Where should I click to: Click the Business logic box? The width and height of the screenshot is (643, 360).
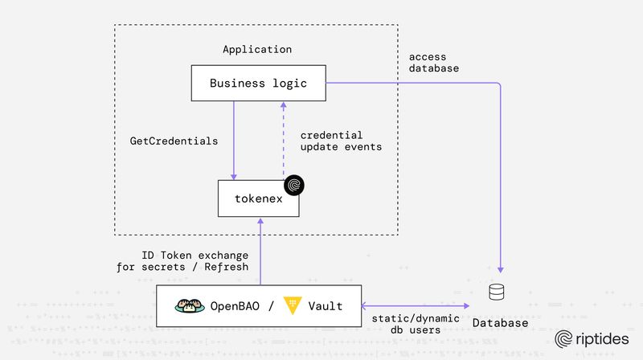pos(258,84)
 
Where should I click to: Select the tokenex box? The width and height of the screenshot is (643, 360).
pos(258,198)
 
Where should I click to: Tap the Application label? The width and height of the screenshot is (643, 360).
pos(257,50)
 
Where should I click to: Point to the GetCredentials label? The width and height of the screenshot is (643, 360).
pos(174,141)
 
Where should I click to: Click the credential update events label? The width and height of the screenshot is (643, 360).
pos(340,141)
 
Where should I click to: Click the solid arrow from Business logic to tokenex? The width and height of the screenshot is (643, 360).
pos(234,141)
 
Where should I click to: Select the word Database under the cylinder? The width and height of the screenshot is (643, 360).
pos(500,323)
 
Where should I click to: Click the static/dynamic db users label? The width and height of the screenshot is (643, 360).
pos(416,324)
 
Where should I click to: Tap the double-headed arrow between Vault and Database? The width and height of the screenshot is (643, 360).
pos(416,305)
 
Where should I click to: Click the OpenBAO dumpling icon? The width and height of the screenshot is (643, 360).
pos(190,306)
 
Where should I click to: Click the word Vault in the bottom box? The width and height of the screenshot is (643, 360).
pos(326,306)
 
